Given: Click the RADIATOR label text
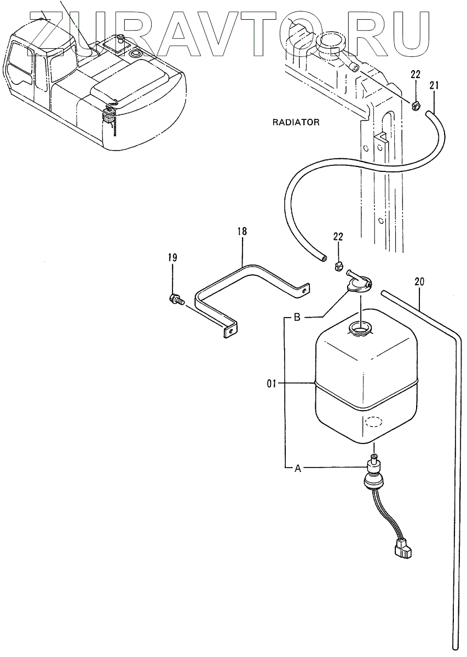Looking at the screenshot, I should point(296,122).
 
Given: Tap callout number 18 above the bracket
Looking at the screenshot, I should point(242,232).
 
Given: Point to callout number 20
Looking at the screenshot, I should point(419,282).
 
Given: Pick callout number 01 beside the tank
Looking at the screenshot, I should point(272,384).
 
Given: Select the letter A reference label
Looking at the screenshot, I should point(298,468).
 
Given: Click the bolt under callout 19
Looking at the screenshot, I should point(176,299).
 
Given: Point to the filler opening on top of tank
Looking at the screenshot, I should point(359,330).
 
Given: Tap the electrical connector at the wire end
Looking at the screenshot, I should point(401,549).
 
